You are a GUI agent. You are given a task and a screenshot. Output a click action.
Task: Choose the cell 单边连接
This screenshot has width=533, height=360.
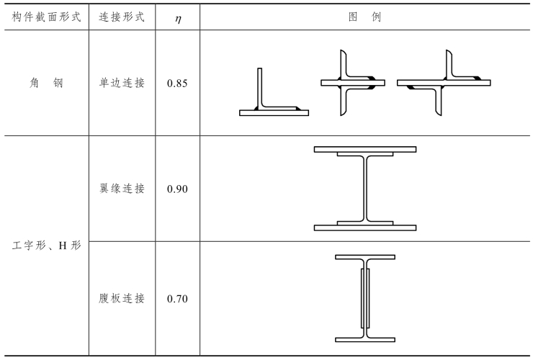pos(122,84)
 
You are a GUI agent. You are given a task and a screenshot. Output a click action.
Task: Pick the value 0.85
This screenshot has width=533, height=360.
pos(177,84)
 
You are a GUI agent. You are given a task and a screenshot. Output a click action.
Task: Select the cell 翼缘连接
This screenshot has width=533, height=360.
pos(122,189)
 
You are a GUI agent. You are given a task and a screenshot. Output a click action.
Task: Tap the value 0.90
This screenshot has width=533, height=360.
pos(177,189)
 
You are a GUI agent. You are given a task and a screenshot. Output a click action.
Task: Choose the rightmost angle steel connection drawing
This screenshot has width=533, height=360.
pos(443,84)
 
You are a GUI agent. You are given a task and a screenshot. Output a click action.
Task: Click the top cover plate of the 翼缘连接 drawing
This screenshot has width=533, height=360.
pos(365,149)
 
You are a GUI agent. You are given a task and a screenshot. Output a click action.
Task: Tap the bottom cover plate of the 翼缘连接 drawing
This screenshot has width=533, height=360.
pos(365,228)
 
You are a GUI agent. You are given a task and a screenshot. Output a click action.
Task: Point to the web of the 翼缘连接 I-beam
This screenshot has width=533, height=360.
pos(365,189)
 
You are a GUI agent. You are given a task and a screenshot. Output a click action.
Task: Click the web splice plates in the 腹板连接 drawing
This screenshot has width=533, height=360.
pos(365,297)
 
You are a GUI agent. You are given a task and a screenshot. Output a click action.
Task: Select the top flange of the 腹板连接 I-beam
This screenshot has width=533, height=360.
pos(365,256)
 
